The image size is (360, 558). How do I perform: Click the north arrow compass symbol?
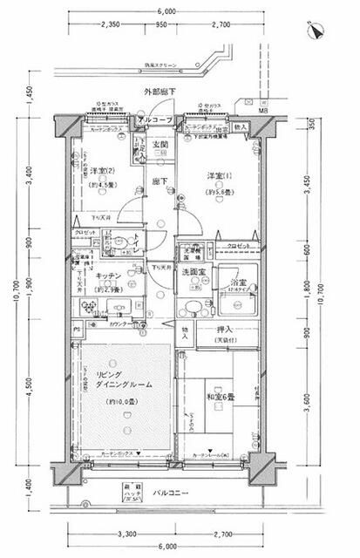tap(315, 32)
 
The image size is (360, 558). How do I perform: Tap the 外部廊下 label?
tap(161, 92)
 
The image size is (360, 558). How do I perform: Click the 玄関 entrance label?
tap(160, 145)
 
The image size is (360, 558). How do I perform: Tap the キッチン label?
tap(108, 276)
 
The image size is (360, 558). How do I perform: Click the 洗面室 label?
tap(193, 273)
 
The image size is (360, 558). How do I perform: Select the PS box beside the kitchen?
tap(77, 330)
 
